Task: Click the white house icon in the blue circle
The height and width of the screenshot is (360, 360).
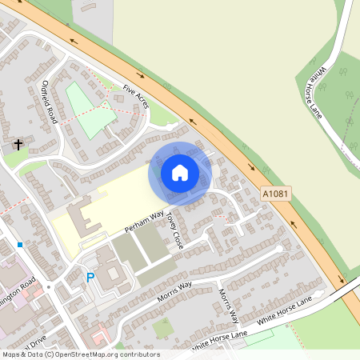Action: (180, 173)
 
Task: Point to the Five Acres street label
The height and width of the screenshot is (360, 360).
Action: (135, 97)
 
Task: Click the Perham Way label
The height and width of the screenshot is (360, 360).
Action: (144, 223)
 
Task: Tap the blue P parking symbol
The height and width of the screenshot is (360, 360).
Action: (90, 278)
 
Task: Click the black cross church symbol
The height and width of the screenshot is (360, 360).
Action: (18, 145)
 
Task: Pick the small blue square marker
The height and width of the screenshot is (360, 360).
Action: (19, 245)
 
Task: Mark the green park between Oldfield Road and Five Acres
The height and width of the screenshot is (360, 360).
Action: (88, 109)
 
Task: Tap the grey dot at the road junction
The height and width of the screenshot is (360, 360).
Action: (48, 286)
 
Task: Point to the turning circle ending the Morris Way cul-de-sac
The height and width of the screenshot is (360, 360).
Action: (279, 249)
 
